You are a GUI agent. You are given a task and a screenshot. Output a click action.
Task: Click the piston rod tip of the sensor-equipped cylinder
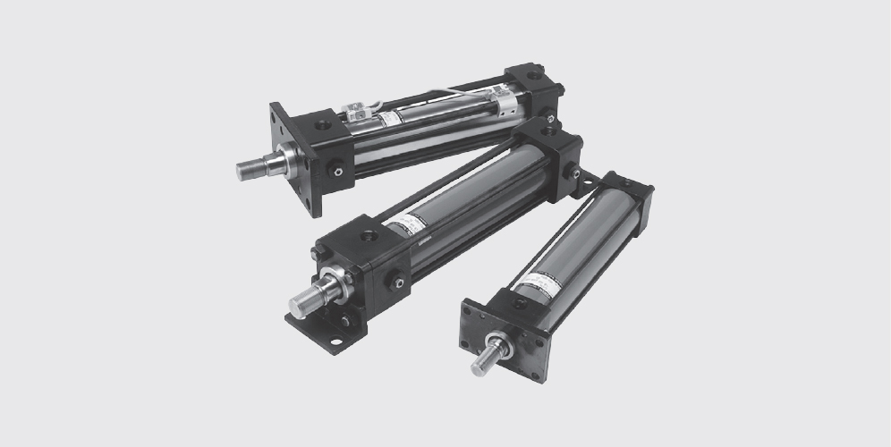click(244, 170)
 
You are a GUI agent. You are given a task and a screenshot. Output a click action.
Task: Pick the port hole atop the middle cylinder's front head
click(367, 236)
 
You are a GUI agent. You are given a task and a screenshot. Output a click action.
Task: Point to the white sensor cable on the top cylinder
click(412, 99)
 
